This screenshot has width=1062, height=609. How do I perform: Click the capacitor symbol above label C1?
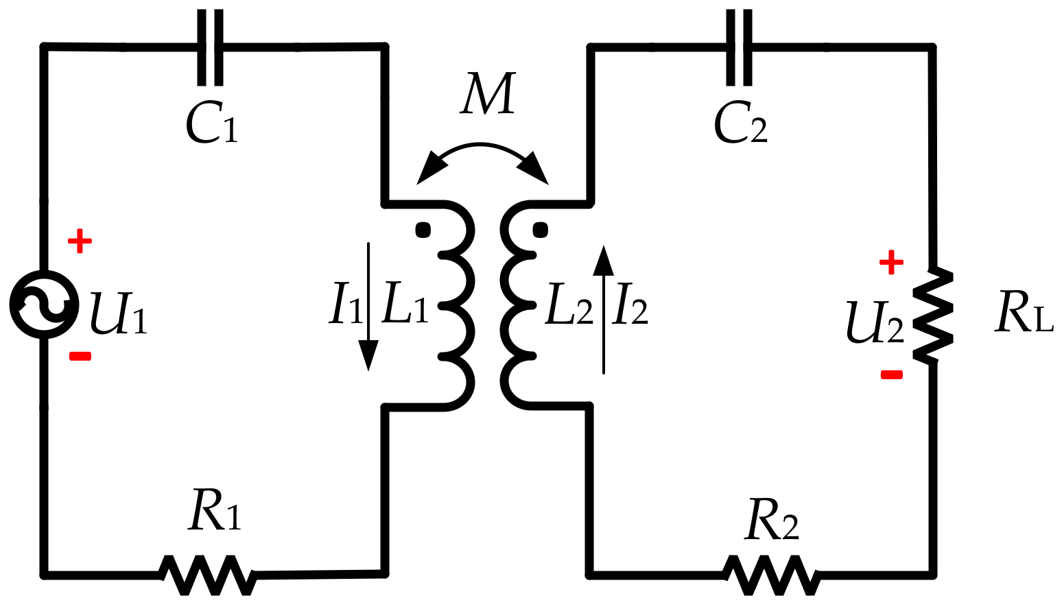click(210, 47)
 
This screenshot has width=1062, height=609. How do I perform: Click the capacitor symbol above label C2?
click(739, 47)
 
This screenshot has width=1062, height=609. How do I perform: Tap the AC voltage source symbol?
click(44, 304)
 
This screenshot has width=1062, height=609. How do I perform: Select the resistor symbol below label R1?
click(209, 575)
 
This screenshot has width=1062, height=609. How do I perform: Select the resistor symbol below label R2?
click(771, 575)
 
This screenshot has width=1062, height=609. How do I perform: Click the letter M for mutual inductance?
click(487, 93)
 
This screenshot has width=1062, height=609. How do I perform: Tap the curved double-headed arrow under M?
click(482, 158)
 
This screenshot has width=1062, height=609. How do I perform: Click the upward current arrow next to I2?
click(603, 309)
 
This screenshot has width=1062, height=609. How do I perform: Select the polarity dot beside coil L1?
click(423, 229)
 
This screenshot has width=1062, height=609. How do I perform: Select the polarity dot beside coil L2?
click(541, 229)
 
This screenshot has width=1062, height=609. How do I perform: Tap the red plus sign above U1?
click(80, 241)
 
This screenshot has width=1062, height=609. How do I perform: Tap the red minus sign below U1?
click(80, 356)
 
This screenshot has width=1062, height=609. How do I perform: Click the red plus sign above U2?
click(891, 261)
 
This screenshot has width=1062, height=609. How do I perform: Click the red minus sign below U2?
click(891, 374)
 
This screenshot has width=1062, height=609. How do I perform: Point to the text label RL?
click(1022, 313)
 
